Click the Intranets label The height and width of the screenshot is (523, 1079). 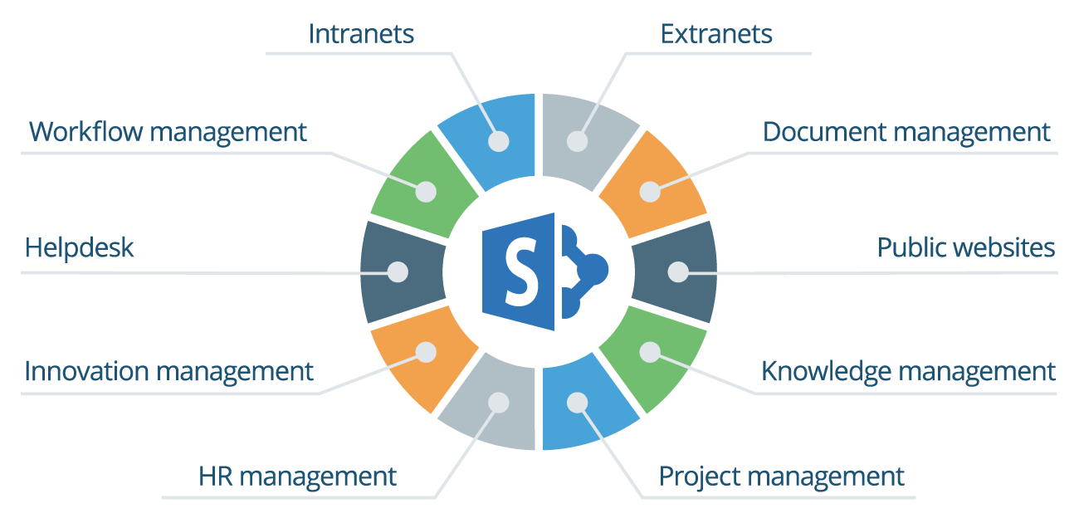(x=361, y=34)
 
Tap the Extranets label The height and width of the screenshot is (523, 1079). (x=716, y=34)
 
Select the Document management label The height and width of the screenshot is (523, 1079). (x=906, y=132)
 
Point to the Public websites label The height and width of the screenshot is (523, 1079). (x=966, y=248)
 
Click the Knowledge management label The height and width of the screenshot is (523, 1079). (x=908, y=371)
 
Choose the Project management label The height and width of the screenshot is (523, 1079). (x=781, y=477)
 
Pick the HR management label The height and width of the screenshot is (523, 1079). (x=297, y=477)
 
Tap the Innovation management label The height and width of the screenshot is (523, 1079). (x=169, y=371)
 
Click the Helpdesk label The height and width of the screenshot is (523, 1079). (x=79, y=248)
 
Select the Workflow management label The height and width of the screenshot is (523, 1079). (x=168, y=132)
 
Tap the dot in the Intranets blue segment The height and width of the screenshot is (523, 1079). (x=498, y=141)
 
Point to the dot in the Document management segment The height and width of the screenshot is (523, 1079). (x=650, y=192)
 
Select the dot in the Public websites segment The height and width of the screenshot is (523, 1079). (x=678, y=271)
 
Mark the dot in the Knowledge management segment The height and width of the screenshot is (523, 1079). (x=650, y=351)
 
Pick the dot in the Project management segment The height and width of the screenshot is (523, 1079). (x=577, y=402)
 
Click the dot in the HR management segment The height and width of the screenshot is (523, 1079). (x=498, y=402)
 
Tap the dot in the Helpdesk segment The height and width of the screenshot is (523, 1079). (x=398, y=271)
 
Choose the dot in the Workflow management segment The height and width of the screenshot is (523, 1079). (x=426, y=192)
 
